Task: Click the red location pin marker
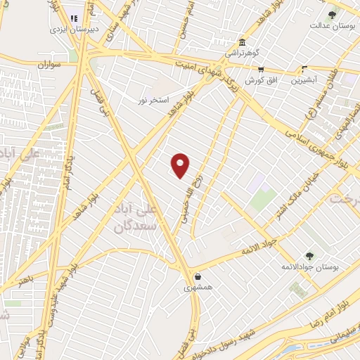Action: [181, 165]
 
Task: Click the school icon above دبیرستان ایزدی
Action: [74, 18]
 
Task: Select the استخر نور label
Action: [153, 100]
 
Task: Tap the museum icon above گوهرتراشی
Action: [242, 41]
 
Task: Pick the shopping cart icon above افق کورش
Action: [261, 70]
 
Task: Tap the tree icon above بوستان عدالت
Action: [333, 15]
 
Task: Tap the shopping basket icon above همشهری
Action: [198, 276]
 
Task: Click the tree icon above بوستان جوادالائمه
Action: [309, 256]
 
